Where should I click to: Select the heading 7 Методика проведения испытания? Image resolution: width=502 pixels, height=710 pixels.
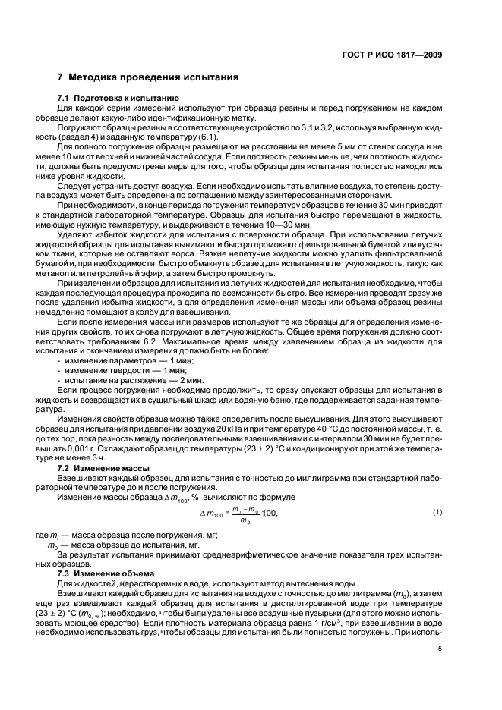[149, 77]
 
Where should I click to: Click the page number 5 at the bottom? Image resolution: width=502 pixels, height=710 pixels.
[440, 647]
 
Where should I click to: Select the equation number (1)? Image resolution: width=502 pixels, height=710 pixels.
[437, 514]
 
